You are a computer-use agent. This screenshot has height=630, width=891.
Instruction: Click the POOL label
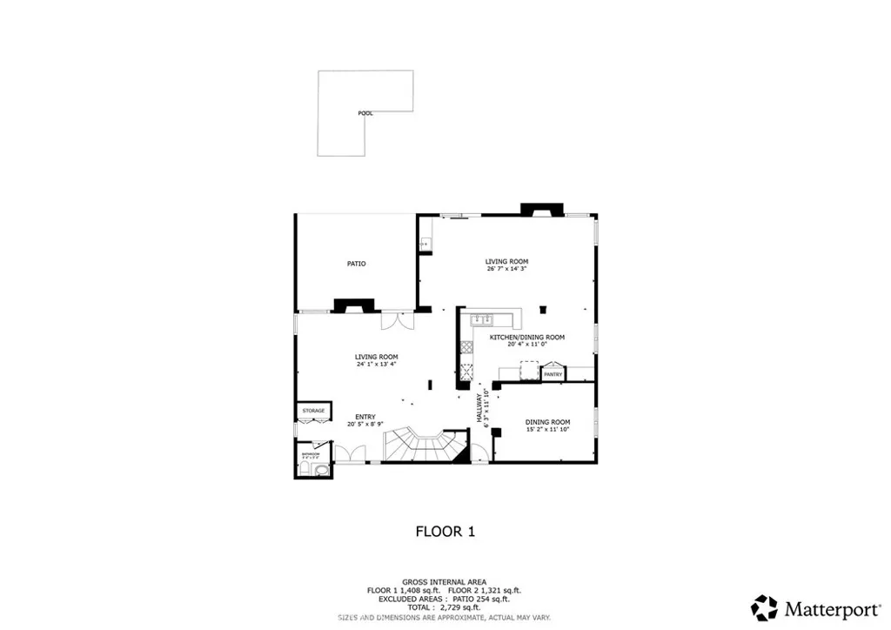click(x=365, y=113)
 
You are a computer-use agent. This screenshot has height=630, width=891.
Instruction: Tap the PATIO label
click(x=356, y=263)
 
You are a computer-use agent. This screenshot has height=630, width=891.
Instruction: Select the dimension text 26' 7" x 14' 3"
click(x=506, y=269)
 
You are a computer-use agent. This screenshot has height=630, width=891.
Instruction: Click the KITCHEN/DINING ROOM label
click(x=526, y=337)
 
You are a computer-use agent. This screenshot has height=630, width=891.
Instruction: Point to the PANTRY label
click(x=553, y=374)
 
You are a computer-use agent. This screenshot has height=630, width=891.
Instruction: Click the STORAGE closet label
click(x=313, y=411)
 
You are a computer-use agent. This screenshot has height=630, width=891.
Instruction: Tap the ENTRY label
click(x=365, y=417)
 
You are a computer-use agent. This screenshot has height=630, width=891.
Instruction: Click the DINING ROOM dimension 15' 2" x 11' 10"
click(x=547, y=430)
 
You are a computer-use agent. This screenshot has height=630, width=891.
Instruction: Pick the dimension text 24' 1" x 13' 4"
click(x=376, y=365)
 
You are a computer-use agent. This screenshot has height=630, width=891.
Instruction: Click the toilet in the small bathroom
click(x=322, y=470)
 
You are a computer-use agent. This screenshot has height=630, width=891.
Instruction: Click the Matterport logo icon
click(x=765, y=607)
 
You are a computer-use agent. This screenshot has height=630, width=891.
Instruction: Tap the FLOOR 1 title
click(x=445, y=531)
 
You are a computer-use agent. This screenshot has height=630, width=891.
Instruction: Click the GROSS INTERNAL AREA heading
click(x=444, y=581)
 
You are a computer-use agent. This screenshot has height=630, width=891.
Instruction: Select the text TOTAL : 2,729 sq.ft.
click(x=444, y=607)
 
